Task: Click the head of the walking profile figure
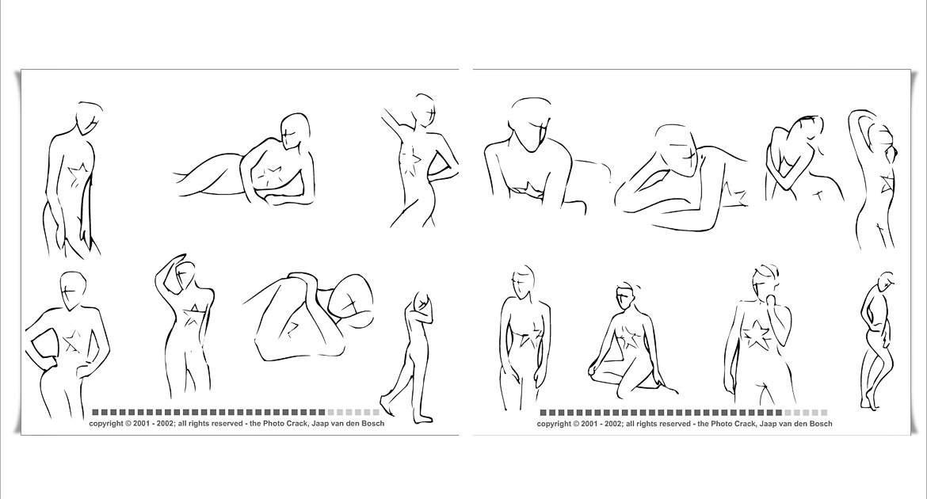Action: click(423, 302)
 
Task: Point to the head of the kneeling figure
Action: click(625, 296)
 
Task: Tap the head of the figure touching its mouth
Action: click(765, 284)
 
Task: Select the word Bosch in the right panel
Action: click(820, 424)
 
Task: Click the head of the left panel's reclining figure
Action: click(296, 131)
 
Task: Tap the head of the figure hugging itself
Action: click(807, 131)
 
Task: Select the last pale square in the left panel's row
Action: click(376, 412)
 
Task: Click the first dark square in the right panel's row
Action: click(544, 413)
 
